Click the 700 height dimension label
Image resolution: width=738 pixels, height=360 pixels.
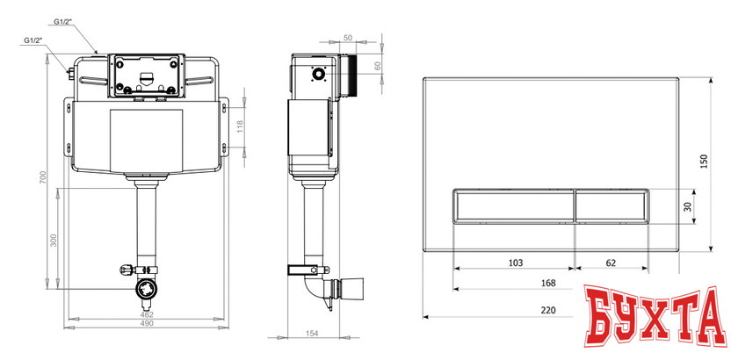pos(43,178)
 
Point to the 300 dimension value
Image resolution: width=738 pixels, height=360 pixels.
pos(54,240)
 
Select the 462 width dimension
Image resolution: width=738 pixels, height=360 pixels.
pos(148,314)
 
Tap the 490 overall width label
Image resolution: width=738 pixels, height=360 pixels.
pos(148,323)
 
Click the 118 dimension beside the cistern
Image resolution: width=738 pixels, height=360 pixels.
pos(240,126)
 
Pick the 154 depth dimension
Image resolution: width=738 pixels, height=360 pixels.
pos(312,333)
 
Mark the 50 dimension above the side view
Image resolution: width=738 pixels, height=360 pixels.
pos(348,37)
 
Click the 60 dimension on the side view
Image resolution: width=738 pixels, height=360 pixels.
pos(377,66)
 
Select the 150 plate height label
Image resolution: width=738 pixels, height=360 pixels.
pos(704,162)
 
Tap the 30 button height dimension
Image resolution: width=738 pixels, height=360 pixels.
pos(688,206)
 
